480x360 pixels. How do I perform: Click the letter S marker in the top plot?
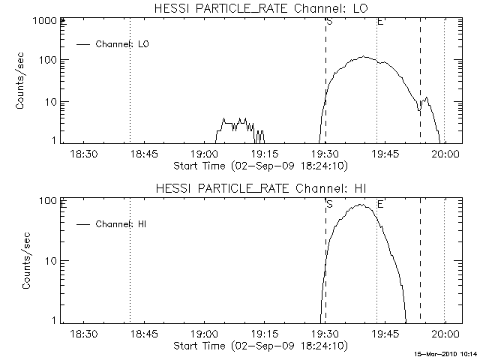coord(329,22)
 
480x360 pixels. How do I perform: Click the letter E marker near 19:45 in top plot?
coord(380,22)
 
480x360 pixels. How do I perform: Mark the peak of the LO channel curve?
coord(364,57)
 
